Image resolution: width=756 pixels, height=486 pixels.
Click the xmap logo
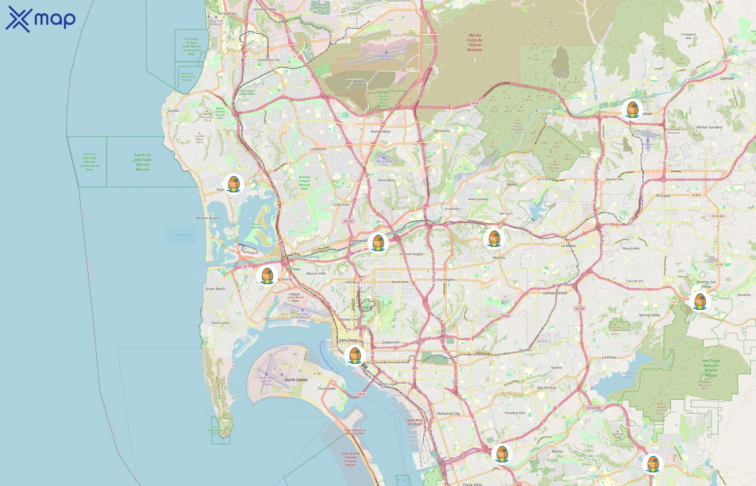coord(40,19)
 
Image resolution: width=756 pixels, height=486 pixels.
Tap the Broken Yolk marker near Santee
coord(632,109)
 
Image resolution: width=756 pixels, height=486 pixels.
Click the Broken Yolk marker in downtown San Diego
coord(355,355)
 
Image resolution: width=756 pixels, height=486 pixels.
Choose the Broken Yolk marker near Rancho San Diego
coord(700,301)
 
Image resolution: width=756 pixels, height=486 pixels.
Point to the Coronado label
coord(327,389)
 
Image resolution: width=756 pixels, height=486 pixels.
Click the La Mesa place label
coord(568,245)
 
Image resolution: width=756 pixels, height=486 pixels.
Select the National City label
coord(448,413)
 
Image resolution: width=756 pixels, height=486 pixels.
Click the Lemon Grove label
coord(555,293)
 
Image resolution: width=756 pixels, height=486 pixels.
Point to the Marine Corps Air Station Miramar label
coord(475,42)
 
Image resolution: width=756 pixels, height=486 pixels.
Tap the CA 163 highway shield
coord(348,221)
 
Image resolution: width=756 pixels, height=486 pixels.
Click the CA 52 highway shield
coord(475,103)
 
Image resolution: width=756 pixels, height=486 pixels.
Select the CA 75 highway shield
coord(361,394)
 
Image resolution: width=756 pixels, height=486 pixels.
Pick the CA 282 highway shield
coord(317,373)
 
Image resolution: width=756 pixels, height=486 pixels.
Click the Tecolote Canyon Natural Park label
coord(304,183)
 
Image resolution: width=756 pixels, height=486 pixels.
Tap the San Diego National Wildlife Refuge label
coord(711,368)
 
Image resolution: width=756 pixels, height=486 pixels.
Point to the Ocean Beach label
coord(215,289)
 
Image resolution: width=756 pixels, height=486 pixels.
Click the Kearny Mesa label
coord(380,131)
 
